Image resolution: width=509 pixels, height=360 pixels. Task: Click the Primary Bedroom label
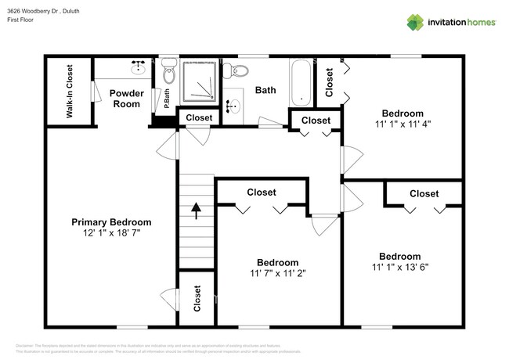point(111,221)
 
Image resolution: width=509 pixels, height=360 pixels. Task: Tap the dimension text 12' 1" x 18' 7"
point(111,233)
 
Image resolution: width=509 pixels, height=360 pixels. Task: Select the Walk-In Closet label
point(69,91)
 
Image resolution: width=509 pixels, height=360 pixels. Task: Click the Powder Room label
point(126,99)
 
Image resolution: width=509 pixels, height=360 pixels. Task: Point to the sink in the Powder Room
point(139,67)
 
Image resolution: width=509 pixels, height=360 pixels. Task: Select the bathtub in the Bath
point(301,82)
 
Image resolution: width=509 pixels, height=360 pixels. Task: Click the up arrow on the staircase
point(195,211)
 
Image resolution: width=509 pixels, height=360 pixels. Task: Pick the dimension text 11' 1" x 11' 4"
point(402,124)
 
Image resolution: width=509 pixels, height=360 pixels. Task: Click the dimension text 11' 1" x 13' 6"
point(399,267)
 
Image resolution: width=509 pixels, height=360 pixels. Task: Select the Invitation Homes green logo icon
point(414,23)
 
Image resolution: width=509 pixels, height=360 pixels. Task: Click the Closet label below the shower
point(199,118)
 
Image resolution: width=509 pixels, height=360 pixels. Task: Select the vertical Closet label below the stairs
point(197,298)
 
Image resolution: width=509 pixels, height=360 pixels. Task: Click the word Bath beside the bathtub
point(265,90)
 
